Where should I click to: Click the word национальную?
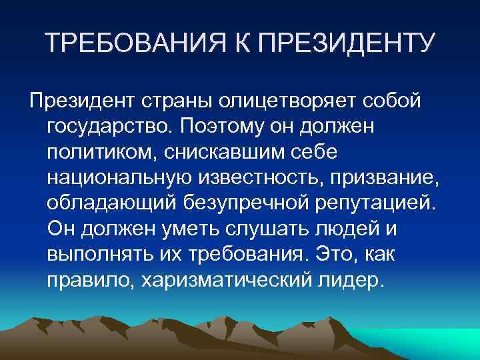tap(120, 178)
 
